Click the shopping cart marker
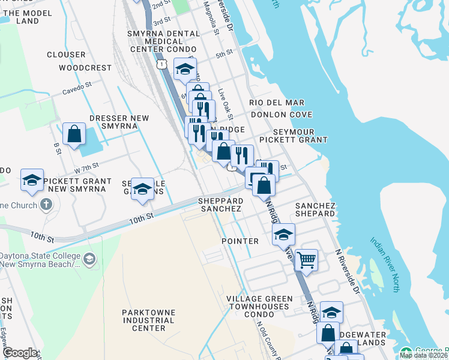306,260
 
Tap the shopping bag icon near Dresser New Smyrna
74,134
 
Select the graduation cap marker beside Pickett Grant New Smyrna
32,180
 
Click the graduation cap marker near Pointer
283,235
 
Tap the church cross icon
46,204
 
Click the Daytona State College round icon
89,259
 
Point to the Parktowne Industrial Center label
148,320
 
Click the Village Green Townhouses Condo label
259,306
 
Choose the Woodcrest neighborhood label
85,68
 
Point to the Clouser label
66,55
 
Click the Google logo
20,352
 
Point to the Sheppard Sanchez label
221,205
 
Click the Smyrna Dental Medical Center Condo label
155,41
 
